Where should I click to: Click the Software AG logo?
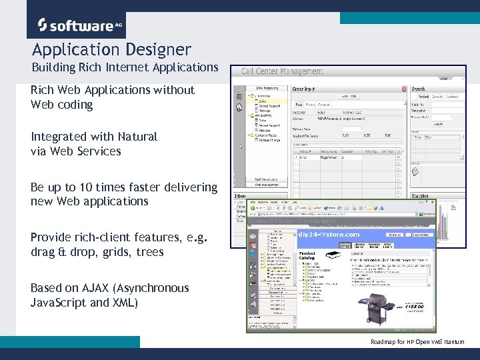click(x=76, y=25)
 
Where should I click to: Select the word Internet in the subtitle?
click(x=127, y=67)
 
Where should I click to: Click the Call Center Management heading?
click(x=282, y=71)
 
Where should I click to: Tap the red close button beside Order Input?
click(x=404, y=88)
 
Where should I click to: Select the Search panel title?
click(x=419, y=88)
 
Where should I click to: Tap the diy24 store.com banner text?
click(x=329, y=234)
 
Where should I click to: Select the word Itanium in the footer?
click(x=453, y=342)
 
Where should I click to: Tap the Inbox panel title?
click(x=239, y=197)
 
